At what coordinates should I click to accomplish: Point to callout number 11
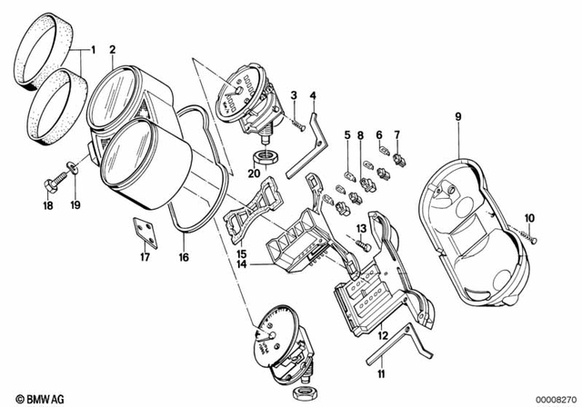[382, 372]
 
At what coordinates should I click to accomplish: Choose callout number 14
[242, 264]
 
